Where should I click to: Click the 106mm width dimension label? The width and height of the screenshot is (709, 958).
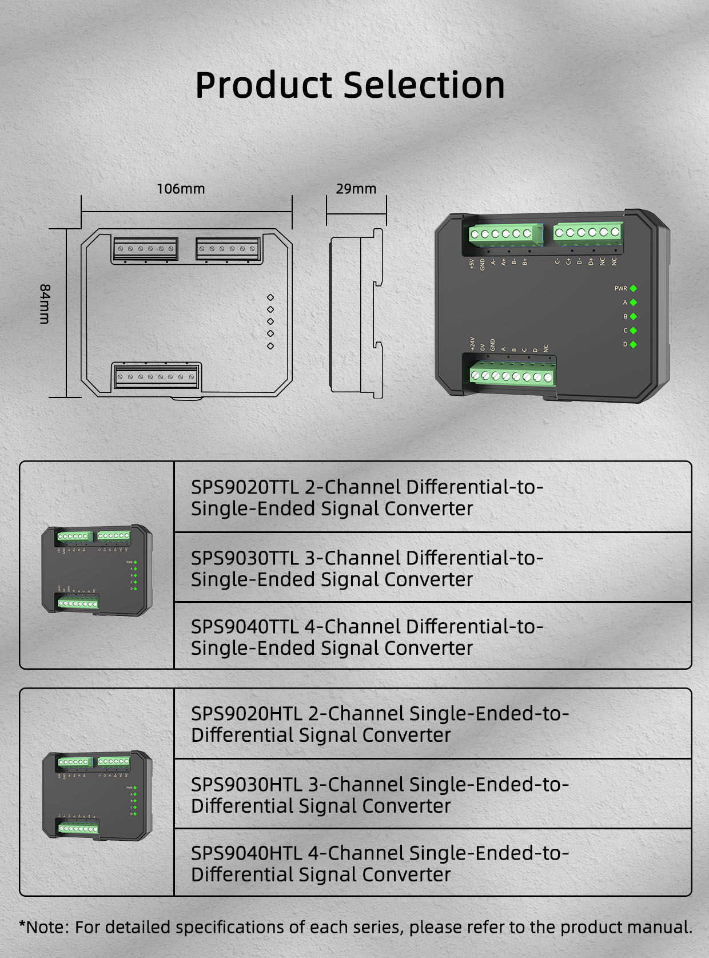point(181,189)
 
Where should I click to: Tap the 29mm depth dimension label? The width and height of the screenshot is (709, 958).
point(356,189)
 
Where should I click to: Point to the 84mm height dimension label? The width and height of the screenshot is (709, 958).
point(45,304)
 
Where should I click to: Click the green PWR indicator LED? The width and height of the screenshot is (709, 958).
point(634,288)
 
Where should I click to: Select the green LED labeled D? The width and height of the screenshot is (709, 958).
point(634,344)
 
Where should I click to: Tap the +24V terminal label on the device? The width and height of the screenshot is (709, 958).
point(472,343)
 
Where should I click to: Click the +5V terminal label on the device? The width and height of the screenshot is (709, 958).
point(472,264)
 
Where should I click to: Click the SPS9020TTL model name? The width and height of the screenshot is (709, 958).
point(245,487)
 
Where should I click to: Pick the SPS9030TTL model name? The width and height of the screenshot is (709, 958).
point(245,558)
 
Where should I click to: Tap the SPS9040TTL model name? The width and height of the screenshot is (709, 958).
point(245,627)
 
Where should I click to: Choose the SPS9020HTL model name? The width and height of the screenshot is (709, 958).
point(246,714)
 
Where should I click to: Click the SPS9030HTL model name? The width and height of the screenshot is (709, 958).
point(246,785)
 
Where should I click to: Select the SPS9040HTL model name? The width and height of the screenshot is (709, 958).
point(246,853)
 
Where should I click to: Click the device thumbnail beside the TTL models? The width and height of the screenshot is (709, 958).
point(97,570)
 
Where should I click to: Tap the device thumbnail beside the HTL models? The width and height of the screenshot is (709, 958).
point(97,795)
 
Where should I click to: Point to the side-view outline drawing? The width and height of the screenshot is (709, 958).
point(356,313)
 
